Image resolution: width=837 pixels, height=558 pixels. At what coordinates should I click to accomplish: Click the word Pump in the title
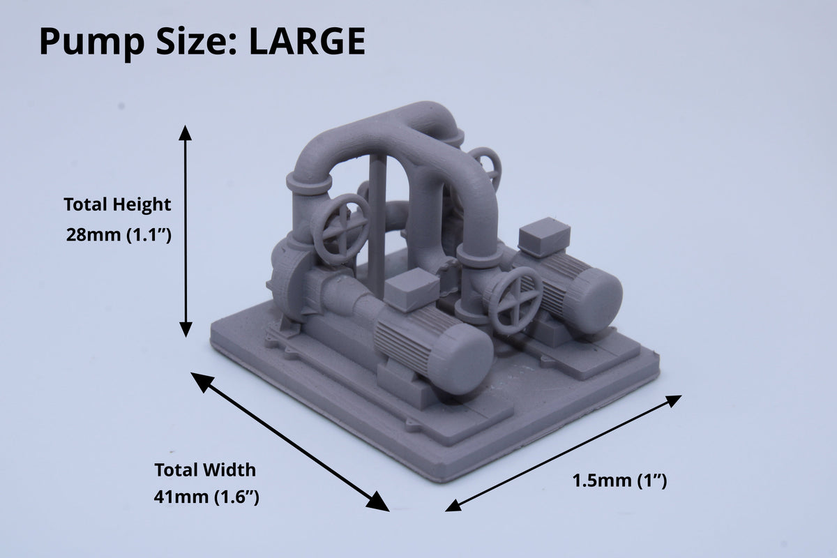click(x=92, y=44)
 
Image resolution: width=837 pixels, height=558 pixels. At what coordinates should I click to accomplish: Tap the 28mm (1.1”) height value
click(x=119, y=236)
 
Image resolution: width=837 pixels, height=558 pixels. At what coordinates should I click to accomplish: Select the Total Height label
click(x=117, y=205)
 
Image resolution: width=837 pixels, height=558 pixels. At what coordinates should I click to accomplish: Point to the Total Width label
click(x=205, y=470)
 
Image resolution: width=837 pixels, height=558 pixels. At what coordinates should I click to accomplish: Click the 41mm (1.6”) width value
click(x=206, y=497)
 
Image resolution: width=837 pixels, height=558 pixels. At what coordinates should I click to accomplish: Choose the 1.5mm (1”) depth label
click(x=619, y=481)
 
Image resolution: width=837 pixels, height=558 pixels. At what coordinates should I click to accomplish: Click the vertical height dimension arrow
click(x=186, y=231)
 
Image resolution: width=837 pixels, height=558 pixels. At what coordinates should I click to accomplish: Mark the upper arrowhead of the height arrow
click(x=186, y=133)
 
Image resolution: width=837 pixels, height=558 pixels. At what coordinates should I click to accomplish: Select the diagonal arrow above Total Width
click(x=290, y=442)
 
